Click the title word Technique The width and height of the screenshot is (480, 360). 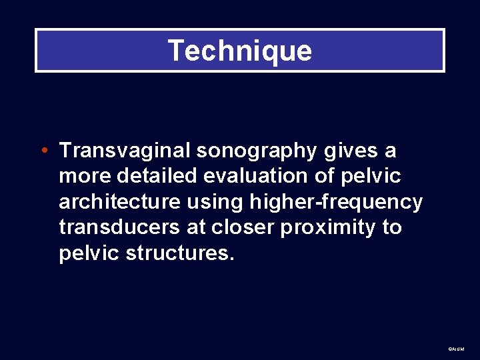point(240,51)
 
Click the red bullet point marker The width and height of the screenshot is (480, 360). point(43,151)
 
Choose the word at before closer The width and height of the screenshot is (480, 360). point(196,228)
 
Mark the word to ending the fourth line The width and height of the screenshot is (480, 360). point(392,228)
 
